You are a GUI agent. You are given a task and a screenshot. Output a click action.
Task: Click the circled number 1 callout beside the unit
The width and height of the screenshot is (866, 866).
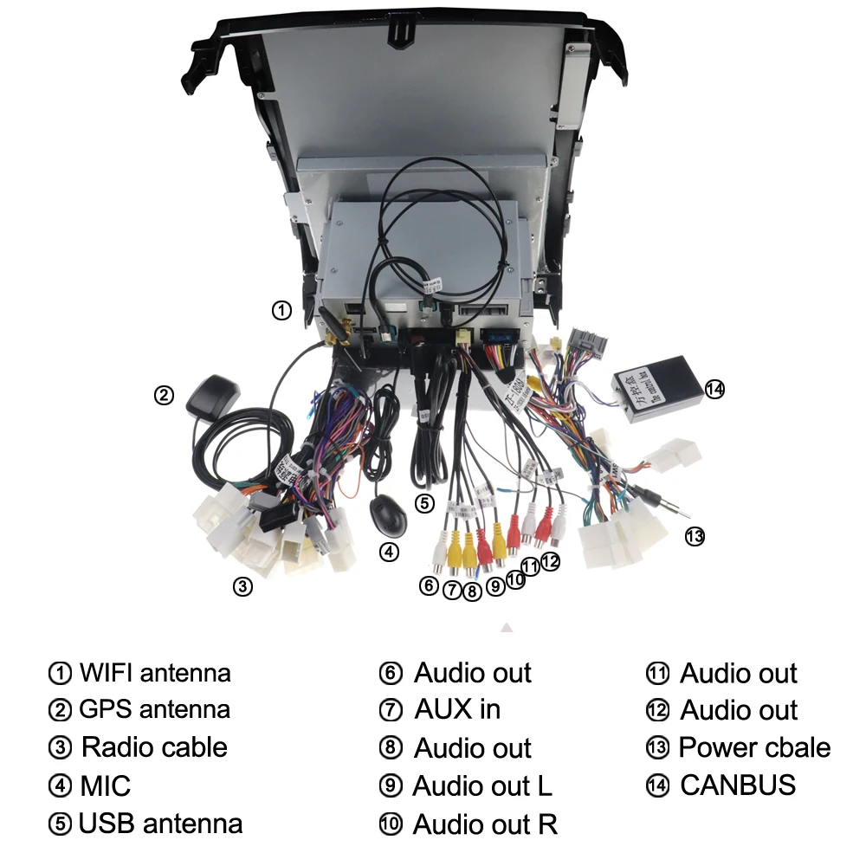[x=281, y=310]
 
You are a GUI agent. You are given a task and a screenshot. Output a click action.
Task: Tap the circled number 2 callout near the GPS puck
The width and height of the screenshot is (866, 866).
[x=164, y=396]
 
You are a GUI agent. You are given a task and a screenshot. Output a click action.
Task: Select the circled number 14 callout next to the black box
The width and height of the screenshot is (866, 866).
[x=714, y=389]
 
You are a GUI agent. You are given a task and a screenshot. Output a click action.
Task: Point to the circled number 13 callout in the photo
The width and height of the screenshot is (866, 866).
[x=695, y=537]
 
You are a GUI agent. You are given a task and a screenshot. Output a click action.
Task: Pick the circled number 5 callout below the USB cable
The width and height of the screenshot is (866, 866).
[x=423, y=503]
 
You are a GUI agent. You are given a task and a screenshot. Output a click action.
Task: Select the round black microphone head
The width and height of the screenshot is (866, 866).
[x=385, y=514]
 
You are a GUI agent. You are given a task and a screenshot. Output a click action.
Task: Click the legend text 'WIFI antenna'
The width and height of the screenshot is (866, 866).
[x=154, y=673]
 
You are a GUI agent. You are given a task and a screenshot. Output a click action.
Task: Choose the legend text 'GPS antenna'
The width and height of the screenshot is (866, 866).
[x=154, y=710]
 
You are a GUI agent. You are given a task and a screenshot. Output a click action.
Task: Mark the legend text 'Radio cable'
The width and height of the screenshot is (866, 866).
[x=154, y=747]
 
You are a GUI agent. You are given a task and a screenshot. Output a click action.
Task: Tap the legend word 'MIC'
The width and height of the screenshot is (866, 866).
[x=105, y=785]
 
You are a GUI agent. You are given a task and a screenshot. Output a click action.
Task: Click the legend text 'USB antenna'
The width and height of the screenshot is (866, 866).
[x=160, y=823]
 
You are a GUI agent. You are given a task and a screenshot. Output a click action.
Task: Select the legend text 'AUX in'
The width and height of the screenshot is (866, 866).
[x=457, y=710]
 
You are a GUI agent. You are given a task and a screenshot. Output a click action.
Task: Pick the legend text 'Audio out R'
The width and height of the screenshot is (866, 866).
[x=485, y=824]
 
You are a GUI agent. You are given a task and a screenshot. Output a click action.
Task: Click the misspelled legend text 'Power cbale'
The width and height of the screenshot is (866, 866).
[x=754, y=747]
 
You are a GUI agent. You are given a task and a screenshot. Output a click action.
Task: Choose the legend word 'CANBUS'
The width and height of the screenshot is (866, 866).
[x=738, y=785]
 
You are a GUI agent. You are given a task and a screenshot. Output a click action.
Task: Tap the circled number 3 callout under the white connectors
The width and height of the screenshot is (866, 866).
[x=243, y=586]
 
